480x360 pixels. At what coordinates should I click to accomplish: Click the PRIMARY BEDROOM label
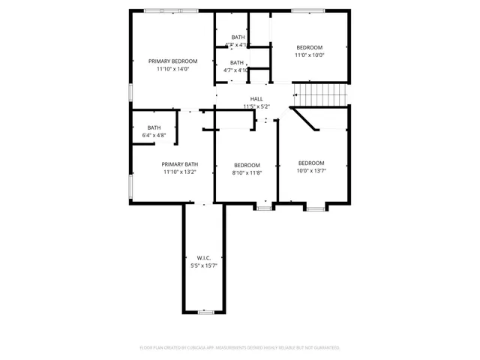[172, 61]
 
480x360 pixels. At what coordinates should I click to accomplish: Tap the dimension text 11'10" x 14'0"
[172, 69]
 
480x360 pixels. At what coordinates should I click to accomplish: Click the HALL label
[256, 99]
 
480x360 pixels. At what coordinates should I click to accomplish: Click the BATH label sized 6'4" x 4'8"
[154, 127]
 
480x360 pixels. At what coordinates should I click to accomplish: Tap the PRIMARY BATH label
[180, 164]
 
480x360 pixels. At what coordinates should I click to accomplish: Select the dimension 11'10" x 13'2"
[180, 172]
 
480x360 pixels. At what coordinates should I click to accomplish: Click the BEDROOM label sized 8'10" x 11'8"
[247, 165]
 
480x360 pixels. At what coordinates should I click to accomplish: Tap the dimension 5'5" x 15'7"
[203, 265]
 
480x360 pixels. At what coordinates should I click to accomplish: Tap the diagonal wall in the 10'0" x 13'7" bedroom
[304, 118]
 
